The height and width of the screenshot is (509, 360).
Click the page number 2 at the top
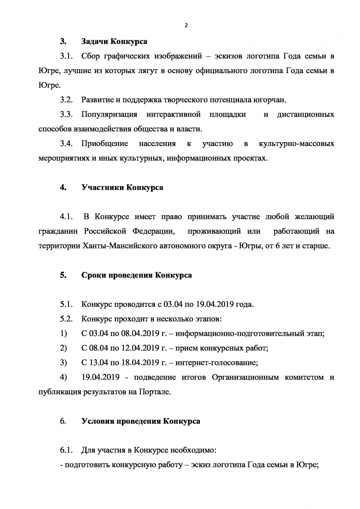click(x=186, y=26)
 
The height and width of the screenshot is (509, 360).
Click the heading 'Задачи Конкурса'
click(x=114, y=41)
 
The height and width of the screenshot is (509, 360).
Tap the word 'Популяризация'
click(x=109, y=114)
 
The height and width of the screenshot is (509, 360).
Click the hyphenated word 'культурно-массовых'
click(x=296, y=144)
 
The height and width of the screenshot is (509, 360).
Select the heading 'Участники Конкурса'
click(x=122, y=188)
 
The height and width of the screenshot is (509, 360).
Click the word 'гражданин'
click(x=59, y=231)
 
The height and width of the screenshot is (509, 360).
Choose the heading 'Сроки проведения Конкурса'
click(x=136, y=275)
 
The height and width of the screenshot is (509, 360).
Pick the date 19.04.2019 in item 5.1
click(x=215, y=305)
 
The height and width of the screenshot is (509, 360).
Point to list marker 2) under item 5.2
click(x=63, y=348)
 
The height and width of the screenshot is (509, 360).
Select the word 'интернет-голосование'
click(x=216, y=363)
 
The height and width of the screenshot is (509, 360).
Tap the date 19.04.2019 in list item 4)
click(x=100, y=378)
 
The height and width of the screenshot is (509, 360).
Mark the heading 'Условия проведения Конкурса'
click(x=141, y=421)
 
